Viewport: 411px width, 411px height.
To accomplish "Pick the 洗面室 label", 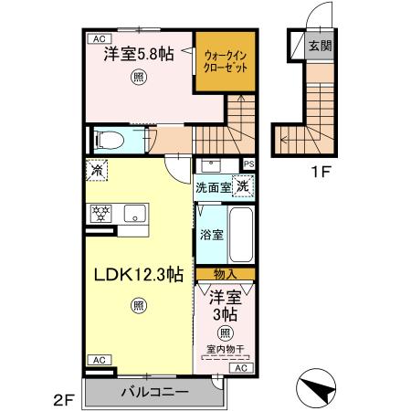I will pyautogui.click(x=213, y=187).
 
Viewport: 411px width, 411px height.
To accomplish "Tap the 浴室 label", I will pyautogui.click(x=212, y=234).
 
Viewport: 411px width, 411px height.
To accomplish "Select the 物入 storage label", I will pyautogui.click(x=225, y=274).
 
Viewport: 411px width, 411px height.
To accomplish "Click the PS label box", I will pyautogui.click(x=248, y=164).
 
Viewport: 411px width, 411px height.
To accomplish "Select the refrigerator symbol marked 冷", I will pyautogui.click(x=96, y=169).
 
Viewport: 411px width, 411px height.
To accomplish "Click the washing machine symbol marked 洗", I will pyautogui.click(x=241, y=186).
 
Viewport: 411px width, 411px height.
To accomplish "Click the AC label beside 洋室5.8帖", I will pyautogui.click(x=96, y=39).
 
